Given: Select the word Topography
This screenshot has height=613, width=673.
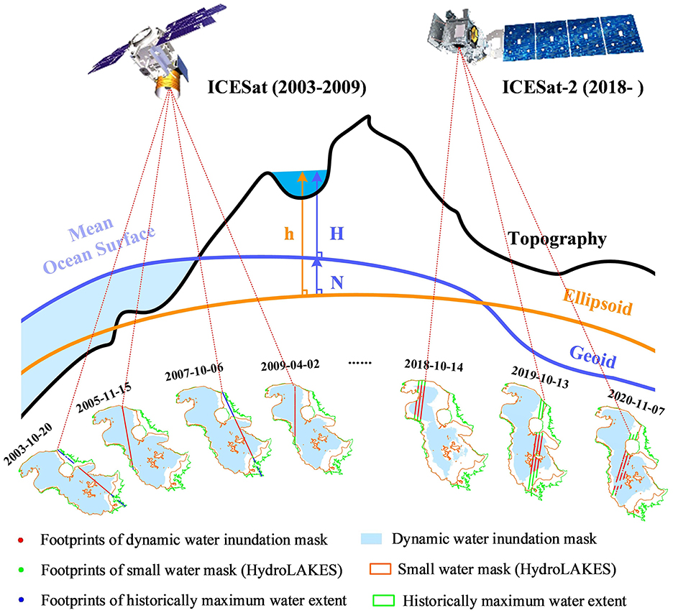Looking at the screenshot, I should click(557, 239).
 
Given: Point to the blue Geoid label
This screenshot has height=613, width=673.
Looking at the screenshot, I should click(593, 355).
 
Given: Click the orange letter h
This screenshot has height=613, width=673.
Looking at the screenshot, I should click(289, 234).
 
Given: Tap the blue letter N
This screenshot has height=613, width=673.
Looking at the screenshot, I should click(336, 285).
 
